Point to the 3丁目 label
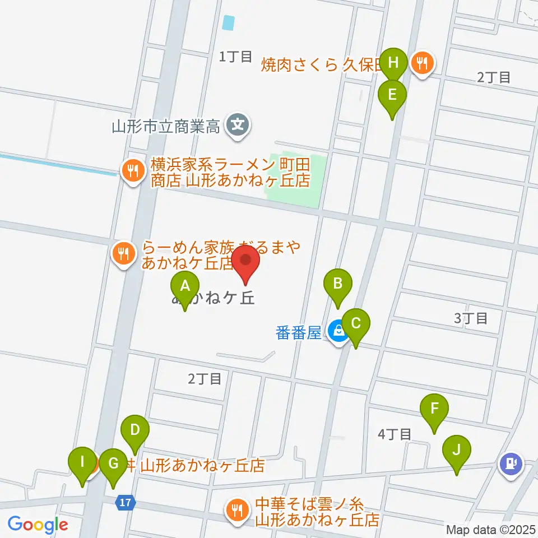[x=470, y=319]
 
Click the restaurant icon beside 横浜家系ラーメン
[x=133, y=171]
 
